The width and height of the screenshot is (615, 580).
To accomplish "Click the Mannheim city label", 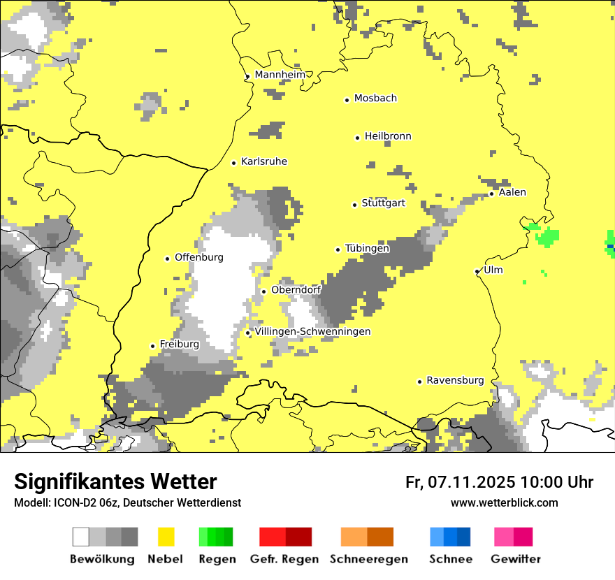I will [x=280, y=75].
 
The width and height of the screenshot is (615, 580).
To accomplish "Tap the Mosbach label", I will [x=375, y=99].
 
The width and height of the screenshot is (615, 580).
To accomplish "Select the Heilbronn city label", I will [x=388, y=136].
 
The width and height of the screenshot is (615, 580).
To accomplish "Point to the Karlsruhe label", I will [x=264, y=161].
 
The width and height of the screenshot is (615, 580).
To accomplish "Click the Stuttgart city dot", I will [x=354, y=205].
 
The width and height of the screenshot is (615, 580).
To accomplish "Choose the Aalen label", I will [x=512, y=192].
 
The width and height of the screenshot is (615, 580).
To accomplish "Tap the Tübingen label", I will [x=367, y=248].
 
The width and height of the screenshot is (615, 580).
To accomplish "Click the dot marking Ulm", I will [x=477, y=271].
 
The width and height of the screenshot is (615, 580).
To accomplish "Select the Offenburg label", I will [x=199, y=257].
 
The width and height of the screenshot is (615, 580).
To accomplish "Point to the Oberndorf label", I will [x=296, y=289].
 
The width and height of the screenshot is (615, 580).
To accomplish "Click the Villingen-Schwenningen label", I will [x=313, y=331].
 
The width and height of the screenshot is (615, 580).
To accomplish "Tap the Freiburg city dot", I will [x=152, y=346].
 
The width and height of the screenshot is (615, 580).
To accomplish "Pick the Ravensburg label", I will [x=455, y=380].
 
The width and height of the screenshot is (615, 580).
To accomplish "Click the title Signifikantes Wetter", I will [x=115, y=482].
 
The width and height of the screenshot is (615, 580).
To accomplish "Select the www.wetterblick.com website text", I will [x=504, y=502].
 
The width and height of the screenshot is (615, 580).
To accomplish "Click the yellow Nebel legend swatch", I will [x=166, y=537].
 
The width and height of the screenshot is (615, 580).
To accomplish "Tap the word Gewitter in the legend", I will [x=516, y=559].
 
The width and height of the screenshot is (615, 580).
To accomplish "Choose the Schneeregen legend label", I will [x=369, y=559].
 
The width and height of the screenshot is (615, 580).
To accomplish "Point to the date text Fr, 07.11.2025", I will [x=461, y=482].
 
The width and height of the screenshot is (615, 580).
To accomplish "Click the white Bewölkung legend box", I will [x=81, y=537].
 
